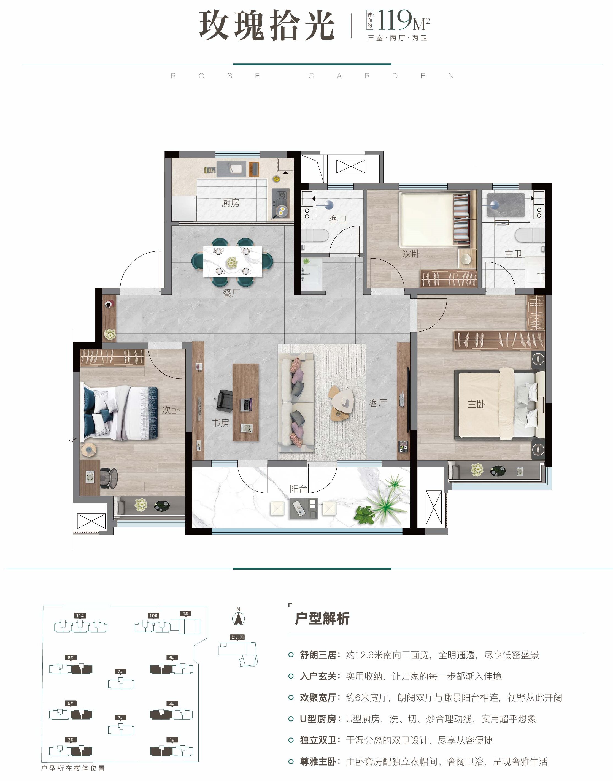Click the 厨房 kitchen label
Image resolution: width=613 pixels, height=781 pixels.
point(230,203)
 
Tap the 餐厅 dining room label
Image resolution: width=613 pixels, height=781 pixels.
point(231,294)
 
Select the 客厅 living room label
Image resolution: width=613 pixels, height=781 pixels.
point(378,403)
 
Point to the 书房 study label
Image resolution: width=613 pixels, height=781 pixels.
point(220,423)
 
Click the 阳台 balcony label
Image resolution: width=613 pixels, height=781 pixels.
point(299,489)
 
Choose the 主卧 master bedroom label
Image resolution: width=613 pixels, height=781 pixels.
point(476,404)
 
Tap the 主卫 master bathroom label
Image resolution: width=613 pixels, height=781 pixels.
point(513,254)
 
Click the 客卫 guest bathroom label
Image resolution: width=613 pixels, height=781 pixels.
point(338,219)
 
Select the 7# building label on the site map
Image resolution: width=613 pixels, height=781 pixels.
point(120,671)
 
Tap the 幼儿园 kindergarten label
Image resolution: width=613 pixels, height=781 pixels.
point(237,637)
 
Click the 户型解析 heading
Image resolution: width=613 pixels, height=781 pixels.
point(322,618)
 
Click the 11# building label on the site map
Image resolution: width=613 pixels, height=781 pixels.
point(80,615)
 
